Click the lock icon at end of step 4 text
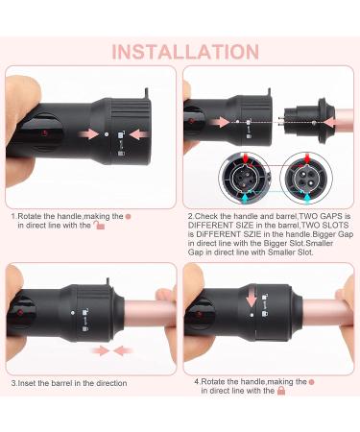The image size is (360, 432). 281,392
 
